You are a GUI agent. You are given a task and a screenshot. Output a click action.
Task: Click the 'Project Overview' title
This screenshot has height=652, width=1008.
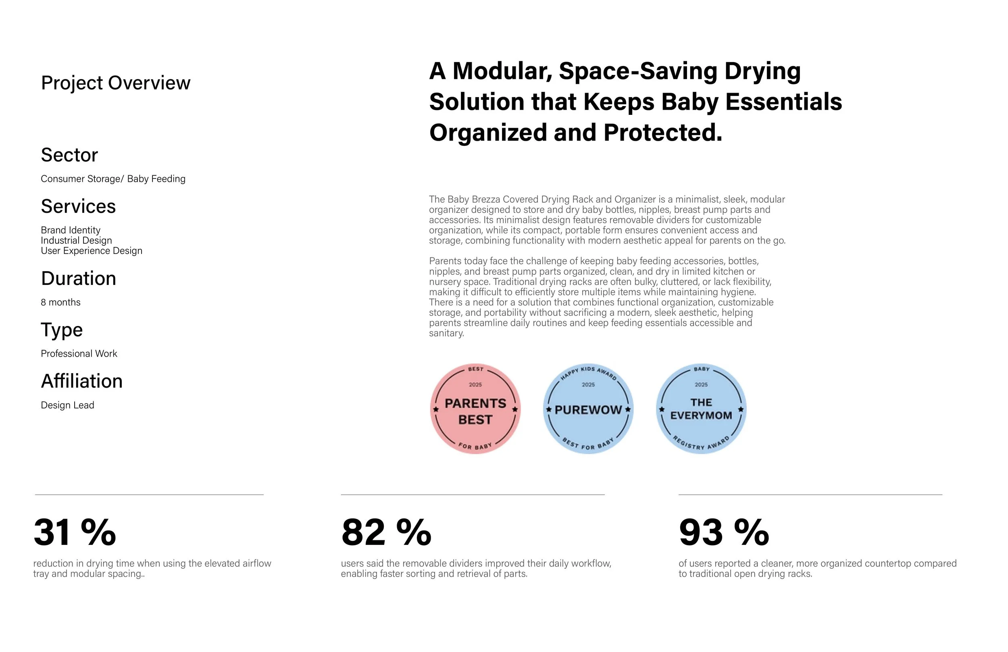click(116, 83)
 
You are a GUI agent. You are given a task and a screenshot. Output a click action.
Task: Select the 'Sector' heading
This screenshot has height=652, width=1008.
click(69, 155)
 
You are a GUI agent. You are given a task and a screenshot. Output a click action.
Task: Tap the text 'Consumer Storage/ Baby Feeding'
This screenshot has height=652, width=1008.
click(113, 179)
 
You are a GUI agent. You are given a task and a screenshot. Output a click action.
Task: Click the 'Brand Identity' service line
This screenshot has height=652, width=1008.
click(71, 230)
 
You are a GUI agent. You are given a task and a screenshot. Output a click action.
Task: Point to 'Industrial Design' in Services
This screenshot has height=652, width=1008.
click(77, 241)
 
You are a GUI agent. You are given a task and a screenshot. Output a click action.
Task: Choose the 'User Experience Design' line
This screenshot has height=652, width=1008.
click(92, 251)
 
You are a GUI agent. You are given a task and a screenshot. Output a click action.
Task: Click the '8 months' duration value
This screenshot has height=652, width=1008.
click(60, 302)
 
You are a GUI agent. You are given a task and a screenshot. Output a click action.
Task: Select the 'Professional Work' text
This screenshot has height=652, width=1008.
click(79, 353)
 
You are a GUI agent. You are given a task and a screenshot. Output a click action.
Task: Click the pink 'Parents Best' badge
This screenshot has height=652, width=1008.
click(475, 409)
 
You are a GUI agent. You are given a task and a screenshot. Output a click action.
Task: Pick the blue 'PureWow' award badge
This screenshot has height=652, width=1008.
click(588, 409)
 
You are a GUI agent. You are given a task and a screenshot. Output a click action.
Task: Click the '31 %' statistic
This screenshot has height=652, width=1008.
click(75, 533)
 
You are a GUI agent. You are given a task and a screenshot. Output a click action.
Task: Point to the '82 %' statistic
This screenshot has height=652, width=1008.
click(386, 533)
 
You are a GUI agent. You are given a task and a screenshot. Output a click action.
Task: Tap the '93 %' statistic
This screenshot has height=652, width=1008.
click(724, 533)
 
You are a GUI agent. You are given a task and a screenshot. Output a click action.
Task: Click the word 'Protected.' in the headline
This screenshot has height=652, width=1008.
click(663, 133)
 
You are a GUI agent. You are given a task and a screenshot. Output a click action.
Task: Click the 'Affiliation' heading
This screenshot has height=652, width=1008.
click(82, 382)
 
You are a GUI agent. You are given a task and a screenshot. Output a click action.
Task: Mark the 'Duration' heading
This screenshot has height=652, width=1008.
click(78, 278)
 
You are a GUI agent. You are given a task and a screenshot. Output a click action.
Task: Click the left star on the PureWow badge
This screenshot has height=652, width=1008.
click(549, 410)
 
